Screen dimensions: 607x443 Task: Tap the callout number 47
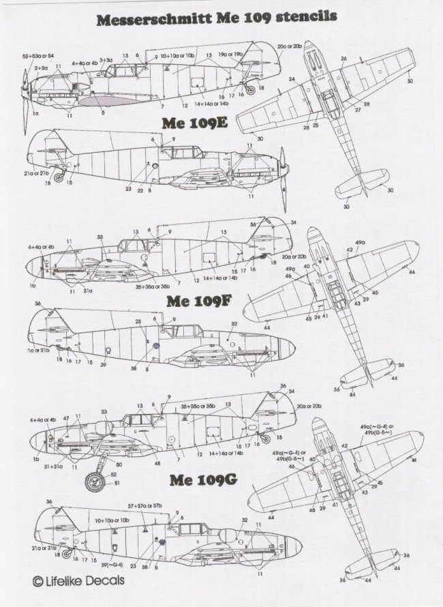(x=66, y=417)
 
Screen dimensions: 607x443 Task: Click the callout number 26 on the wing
(x=344, y=59)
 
